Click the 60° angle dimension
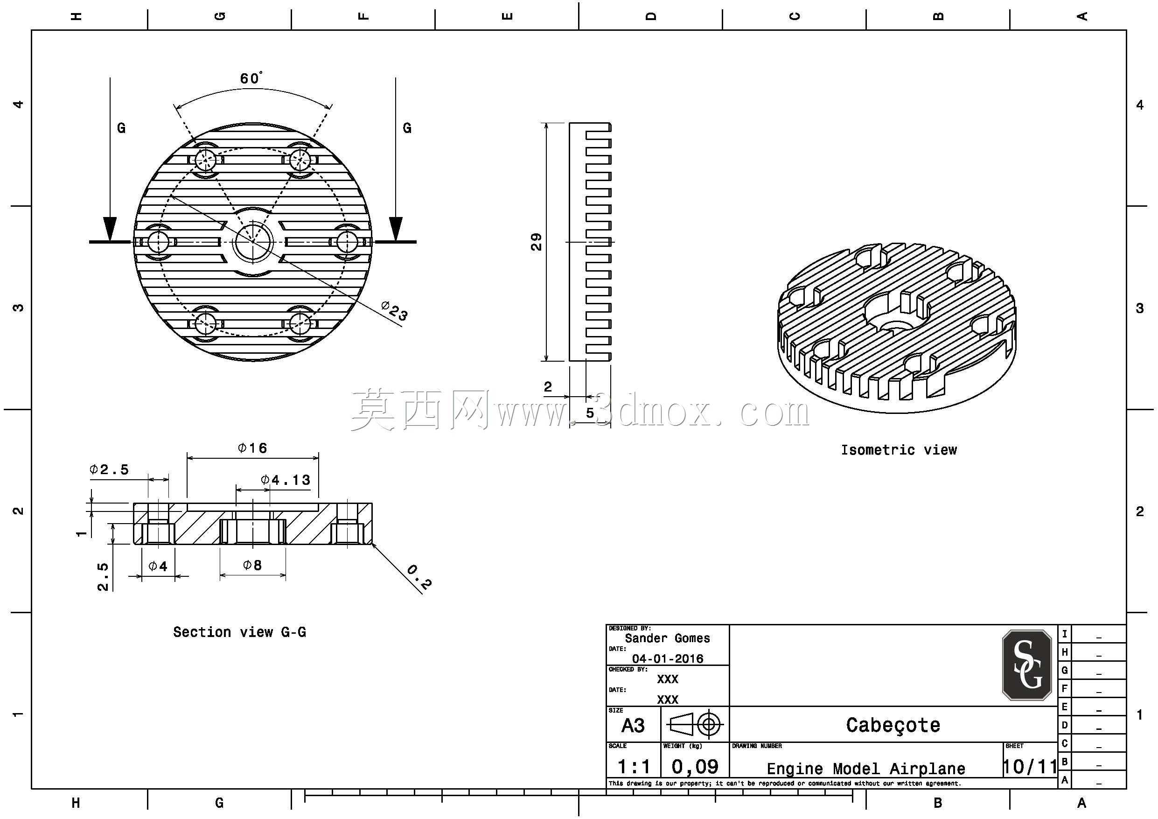coord(251,78)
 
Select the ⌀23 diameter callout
coord(394,311)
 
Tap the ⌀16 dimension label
coord(252,448)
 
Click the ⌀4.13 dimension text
coord(286,479)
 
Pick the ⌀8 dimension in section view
coord(252,565)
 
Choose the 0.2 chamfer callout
coord(419,577)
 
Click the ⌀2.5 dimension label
coord(109,469)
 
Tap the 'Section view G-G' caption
coord(239,632)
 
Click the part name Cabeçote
coord(893,725)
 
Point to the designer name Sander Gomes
coord(667,638)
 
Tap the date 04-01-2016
coord(667,658)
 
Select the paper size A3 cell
coord(633,726)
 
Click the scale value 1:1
coord(634,767)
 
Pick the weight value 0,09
coord(695,767)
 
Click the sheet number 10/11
coord(1029,767)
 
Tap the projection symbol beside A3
coord(695,725)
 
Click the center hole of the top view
coord(253,242)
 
